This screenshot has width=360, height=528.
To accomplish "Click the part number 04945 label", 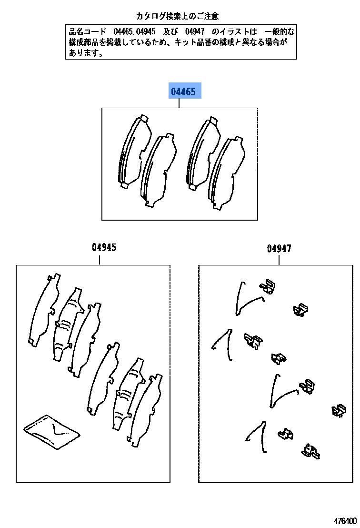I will [x=104, y=248].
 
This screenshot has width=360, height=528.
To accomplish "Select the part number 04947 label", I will [x=279, y=248].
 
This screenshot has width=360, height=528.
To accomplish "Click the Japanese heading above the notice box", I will [x=178, y=16].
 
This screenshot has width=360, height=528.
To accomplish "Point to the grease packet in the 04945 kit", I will [x=51, y=431].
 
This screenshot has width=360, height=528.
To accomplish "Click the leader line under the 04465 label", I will [x=179, y=103].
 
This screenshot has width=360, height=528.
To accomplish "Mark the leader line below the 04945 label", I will [x=99, y=260].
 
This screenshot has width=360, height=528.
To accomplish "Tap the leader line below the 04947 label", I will [x=279, y=260].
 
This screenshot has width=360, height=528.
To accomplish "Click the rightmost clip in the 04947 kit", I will [x=339, y=410].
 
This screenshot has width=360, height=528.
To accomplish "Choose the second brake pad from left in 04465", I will [x=158, y=171].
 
